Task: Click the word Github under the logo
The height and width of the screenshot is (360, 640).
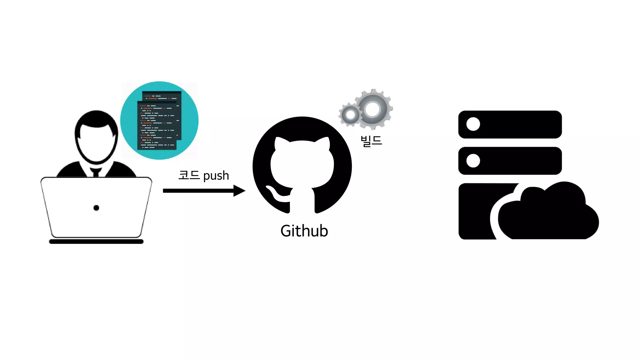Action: [x=304, y=231]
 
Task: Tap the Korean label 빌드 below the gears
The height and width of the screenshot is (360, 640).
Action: [x=371, y=141]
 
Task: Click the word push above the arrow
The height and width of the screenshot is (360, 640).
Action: [x=216, y=176]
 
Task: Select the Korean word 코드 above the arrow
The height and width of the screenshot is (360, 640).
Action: [x=189, y=175]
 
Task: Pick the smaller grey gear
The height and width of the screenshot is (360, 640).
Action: [x=350, y=115]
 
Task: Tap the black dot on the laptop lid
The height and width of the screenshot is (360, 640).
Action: [x=96, y=208]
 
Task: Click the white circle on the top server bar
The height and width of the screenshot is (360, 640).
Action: [x=473, y=124]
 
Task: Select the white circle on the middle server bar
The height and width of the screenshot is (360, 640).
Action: [x=473, y=161]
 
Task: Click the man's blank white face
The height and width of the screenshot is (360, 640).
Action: [x=96, y=144]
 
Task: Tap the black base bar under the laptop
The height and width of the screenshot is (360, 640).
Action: [x=96, y=242]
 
